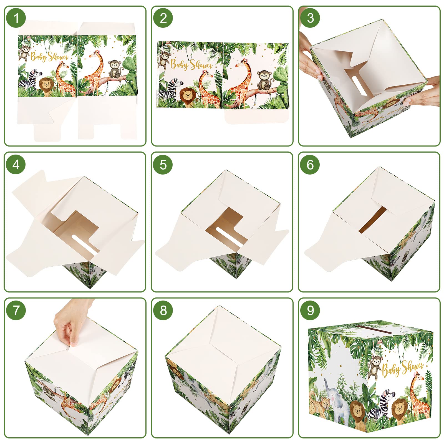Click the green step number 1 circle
tap(16, 18)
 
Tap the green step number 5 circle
tap(163, 165)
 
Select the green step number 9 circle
tap(310, 310)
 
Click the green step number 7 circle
tap(16, 310)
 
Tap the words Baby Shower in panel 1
tap(49, 57)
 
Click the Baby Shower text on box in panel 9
tap(402, 368)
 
